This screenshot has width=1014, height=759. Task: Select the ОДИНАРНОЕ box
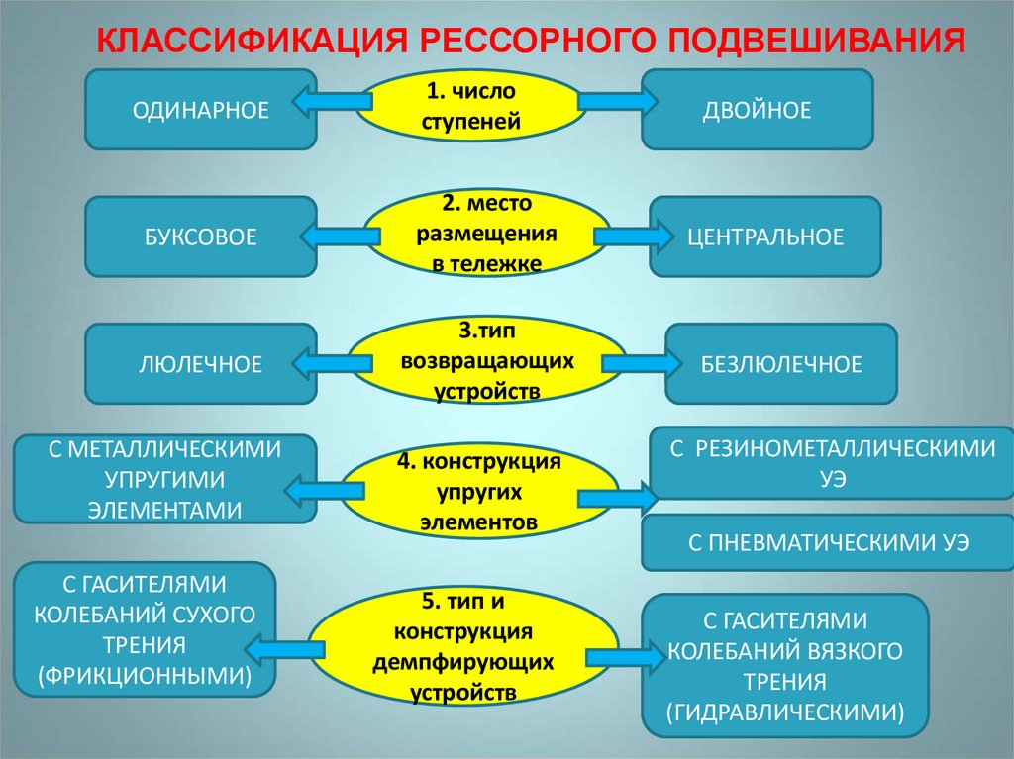(x=201, y=110)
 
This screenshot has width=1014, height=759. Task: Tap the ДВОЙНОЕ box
(x=757, y=110)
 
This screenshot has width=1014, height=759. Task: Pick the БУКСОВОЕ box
(x=201, y=237)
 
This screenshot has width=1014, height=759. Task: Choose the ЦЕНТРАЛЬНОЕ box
(x=765, y=237)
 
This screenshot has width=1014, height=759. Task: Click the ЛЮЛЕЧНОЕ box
(x=201, y=364)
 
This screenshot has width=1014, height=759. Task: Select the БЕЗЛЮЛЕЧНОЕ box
(x=780, y=364)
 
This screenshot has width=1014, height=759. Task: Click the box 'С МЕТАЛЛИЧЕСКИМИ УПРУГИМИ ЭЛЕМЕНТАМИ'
(x=164, y=479)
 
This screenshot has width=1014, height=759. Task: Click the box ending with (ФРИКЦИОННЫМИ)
(x=145, y=630)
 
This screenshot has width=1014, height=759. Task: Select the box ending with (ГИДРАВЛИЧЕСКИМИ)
(x=785, y=665)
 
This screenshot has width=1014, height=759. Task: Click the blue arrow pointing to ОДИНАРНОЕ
(x=333, y=100)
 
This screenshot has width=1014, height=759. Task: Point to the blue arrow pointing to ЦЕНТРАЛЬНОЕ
(x=626, y=237)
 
